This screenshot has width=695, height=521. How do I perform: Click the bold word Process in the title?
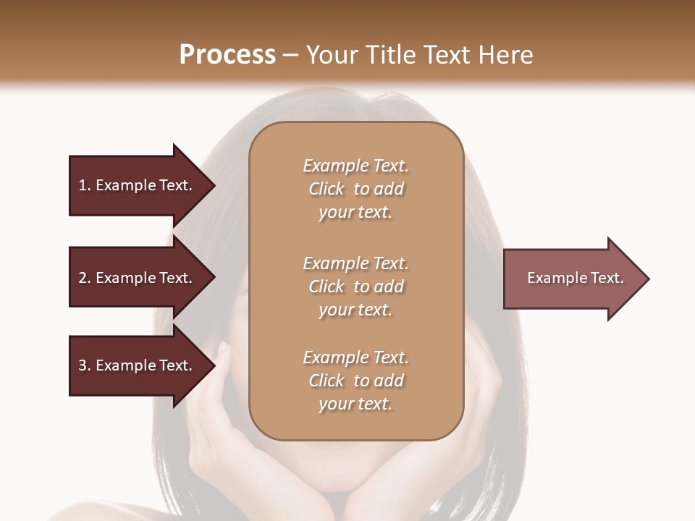click(227, 55)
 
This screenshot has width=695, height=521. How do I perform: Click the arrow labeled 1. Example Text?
click(138, 185)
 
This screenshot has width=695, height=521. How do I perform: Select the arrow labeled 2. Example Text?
click(138, 278)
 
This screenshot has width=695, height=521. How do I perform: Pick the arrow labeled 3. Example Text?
click(138, 365)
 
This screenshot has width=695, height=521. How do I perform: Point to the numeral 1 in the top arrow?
click(83, 185)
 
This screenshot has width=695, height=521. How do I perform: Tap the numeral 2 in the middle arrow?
click(83, 278)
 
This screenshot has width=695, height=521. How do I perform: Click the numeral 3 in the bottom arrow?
click(83, 365)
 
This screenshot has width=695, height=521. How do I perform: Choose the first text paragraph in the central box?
click(355, 189)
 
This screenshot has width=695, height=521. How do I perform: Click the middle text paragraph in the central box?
click(355, 287)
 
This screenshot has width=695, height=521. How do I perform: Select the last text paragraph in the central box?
click(355, 381)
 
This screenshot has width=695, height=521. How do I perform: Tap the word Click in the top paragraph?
click(327, 189)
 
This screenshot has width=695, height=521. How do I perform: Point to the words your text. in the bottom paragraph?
click(355, 404)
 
